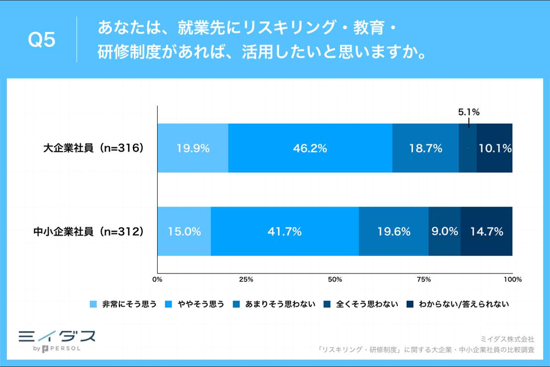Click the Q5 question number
coord(42,40)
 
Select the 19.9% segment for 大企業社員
coord(192,148)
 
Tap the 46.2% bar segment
coord(310,148)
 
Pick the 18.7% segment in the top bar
coord(425,148)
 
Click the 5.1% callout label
coord(469,112)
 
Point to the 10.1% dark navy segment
coord(495,148)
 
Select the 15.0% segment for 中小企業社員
coord(184,231)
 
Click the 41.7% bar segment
coord(285,231)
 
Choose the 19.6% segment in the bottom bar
coord(394,231)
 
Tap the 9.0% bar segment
coord(445,231)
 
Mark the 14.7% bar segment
coord(487,231)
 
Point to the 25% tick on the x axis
coord(246,279)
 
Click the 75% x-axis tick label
coord(424,279)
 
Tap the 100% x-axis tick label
coord(512,279)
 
